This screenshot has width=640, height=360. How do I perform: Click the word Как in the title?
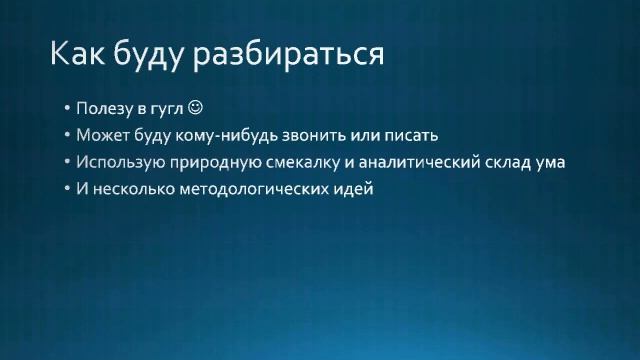(x=79, y=53)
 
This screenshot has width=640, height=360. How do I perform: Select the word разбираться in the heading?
(x=298, y=54)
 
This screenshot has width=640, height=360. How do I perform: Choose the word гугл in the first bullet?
(x=165, y=108)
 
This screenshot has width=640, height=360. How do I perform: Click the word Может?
(x=101, y=134)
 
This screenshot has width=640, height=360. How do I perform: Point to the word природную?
(x=219, y=161)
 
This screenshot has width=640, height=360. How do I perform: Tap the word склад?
(x=514, y=161)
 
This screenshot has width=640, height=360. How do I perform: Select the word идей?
(x=352, y=188)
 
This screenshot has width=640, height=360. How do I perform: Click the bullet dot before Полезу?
(x=66, y=108)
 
